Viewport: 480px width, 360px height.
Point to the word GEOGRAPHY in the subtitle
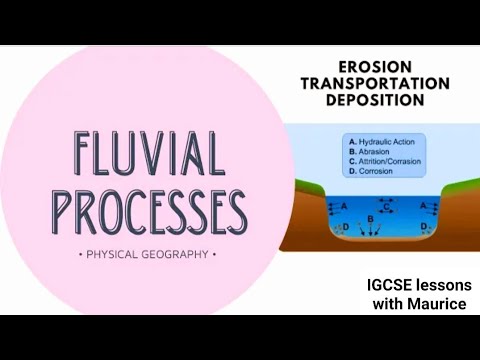pyautogui.click(x=178, y=254)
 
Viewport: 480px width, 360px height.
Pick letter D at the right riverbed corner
pyautogui.click(x=425, y=228)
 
